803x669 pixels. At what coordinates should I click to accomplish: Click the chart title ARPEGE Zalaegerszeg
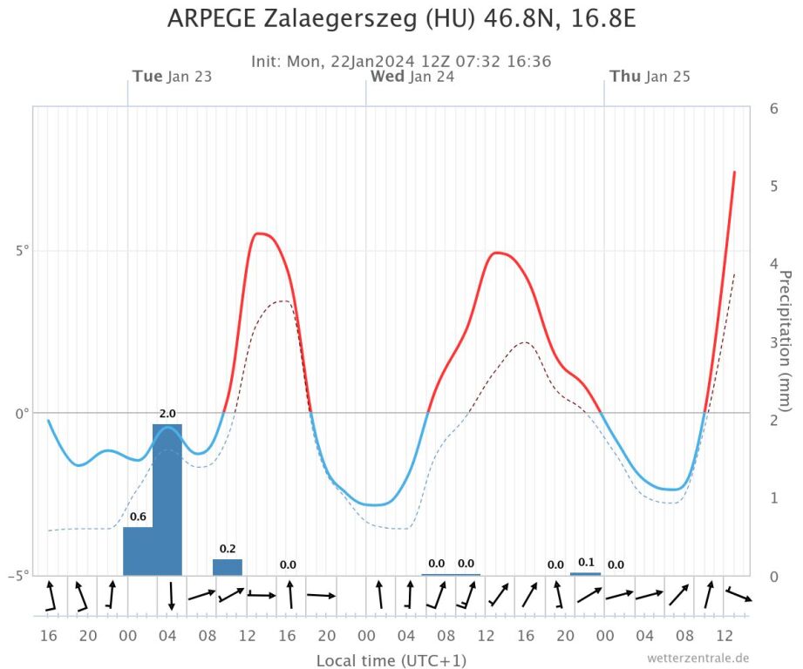coord(401,18)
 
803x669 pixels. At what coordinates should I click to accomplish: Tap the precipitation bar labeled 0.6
coord(138,551)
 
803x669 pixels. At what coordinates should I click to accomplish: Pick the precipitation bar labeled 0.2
coord(228,567)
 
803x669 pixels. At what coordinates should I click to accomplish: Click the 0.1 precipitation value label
coord(586,562)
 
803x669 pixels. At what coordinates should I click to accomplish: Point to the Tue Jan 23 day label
coord(172,77)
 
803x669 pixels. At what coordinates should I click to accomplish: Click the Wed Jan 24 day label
coord(412,77)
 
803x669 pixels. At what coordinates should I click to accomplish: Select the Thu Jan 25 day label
coord(650,77)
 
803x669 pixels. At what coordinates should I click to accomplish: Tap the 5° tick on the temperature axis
coord(20,251)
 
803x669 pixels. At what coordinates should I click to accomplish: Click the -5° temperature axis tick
coord(18,575)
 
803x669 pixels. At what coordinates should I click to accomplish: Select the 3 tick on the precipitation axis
coord(773,341)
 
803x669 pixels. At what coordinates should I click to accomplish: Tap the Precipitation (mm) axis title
coord(784,341)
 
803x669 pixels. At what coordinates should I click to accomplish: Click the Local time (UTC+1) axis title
coord(379,660)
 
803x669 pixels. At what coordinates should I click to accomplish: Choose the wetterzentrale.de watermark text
coord(698,658)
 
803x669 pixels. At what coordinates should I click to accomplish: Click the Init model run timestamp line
coord(401,61)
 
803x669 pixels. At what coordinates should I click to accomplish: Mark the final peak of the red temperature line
coord(734,172)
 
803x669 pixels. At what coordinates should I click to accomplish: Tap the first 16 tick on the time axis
coord(48,636)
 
